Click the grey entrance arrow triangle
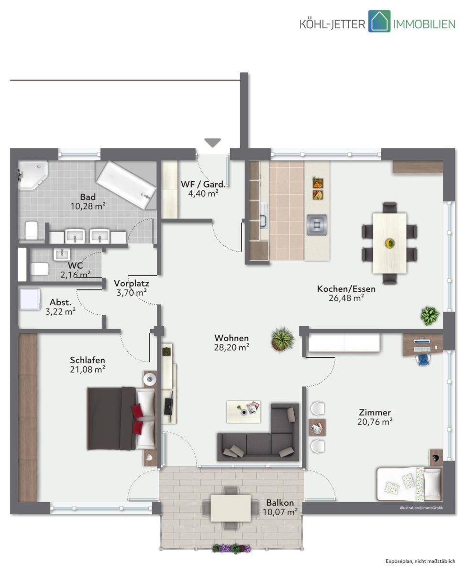(213, 142)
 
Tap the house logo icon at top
(379, 21)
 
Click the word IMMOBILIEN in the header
(424, 24)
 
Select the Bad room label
(88, 197)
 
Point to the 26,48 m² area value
(346, 298)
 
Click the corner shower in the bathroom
(33, 175)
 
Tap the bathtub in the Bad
(127, 185)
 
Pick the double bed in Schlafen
(122, 419)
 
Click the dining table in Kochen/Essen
(389, 243)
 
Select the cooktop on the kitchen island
(317, 224)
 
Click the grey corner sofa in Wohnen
(258, 432)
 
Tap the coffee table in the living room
(244, 412)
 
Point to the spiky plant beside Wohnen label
(282, 339)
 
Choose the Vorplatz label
(131, 283)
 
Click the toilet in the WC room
(39, 269)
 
